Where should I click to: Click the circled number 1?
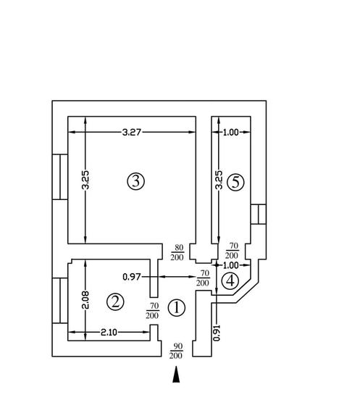tap(177, 307)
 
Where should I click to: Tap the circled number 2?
tap(115, 301)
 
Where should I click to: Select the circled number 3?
tap(135, 181)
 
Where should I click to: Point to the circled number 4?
tap(230, 281)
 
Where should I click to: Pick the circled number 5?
tap(235, 182)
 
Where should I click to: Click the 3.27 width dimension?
tap(132, 132)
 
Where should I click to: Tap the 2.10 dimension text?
tap(109, 333)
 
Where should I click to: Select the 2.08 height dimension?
tap(85, 300)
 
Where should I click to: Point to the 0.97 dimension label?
tap(132, 277)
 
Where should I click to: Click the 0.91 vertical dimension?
tap(217, 333)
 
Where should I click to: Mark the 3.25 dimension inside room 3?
tap(85, 180)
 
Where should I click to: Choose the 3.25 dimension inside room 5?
tap(219, 180)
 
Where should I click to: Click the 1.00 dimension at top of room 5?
tap(231, 132)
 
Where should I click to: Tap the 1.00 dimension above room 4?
tap(231, 265)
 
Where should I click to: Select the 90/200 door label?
tap(176, 351)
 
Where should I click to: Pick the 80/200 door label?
tap(177, 252)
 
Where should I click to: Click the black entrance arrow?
tap(176, 375)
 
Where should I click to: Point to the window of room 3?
tap(60, 177)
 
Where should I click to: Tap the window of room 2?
tap(60, 301)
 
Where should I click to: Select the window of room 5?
tap(259, 215)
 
